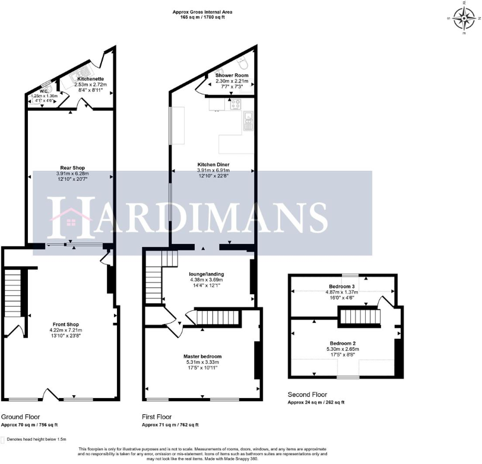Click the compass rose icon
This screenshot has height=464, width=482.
462,18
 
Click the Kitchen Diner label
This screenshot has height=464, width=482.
214,164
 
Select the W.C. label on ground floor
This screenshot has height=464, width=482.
43,91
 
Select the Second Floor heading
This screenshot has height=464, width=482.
307,395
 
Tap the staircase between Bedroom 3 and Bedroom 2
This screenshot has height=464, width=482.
359,319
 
